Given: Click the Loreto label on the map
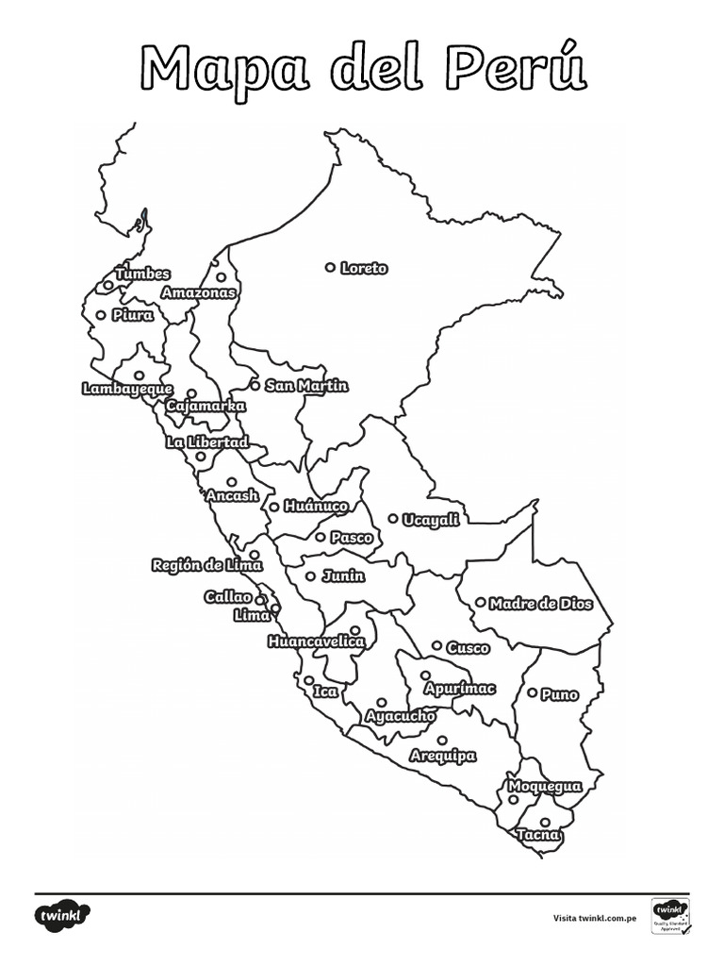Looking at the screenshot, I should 364,269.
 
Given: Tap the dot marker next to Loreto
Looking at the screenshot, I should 330,268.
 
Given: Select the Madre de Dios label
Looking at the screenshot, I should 541,604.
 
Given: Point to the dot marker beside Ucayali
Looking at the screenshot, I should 393,518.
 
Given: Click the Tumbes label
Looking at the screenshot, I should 142,274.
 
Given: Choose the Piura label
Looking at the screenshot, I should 133,316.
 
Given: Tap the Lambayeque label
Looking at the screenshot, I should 127,389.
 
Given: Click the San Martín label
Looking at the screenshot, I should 306,386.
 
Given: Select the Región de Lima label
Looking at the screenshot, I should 207,566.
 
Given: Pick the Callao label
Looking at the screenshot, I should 228,597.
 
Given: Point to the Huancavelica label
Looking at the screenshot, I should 316,641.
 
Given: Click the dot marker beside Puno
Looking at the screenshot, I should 532,692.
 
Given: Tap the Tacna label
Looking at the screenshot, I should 538,836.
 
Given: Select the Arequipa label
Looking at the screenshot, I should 443,757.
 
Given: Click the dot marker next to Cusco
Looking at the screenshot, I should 436,645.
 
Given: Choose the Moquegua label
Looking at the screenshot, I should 545,787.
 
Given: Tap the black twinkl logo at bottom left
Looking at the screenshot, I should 64,915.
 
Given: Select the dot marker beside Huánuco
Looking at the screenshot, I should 274,507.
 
